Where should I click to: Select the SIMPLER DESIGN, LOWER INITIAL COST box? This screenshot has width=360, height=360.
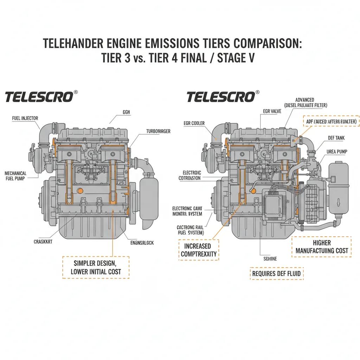coord(96,268)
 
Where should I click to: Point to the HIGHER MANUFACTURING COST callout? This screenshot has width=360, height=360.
coord(322,246)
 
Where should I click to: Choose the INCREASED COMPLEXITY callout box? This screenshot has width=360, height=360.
coord(199,250)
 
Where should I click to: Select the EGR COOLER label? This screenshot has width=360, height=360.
coord(194,123)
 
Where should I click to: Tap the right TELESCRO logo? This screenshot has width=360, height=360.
coord(220,97)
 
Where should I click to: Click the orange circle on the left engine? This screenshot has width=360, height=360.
coord(80,191)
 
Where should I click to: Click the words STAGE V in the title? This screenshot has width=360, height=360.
coord(235,58)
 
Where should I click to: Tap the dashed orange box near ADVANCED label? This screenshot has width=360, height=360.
coord(330,121)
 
